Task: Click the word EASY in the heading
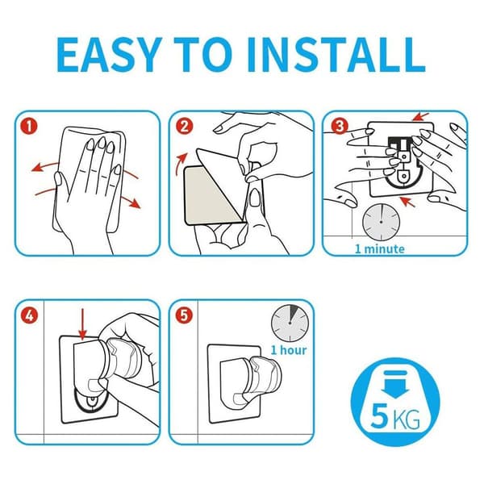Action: tap(110, 55)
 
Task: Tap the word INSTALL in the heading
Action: tap(336, 55)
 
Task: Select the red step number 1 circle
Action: tap(29, 127)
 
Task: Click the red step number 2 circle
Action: tap(184, 127)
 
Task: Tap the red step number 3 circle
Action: tap(340, 126)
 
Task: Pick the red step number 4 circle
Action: tap(29, 315)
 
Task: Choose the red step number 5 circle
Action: tap(184, 315)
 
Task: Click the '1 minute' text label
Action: tap(380, 248)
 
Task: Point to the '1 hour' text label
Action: tap(289, 350)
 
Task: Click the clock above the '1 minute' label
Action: tap(382, 222)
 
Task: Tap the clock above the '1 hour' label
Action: tap(290, 323)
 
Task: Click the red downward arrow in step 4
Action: tap(82, 324)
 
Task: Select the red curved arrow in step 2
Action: tap(180, 163)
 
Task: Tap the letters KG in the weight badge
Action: tap(407, 419)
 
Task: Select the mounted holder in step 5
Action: tap(250, 381)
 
